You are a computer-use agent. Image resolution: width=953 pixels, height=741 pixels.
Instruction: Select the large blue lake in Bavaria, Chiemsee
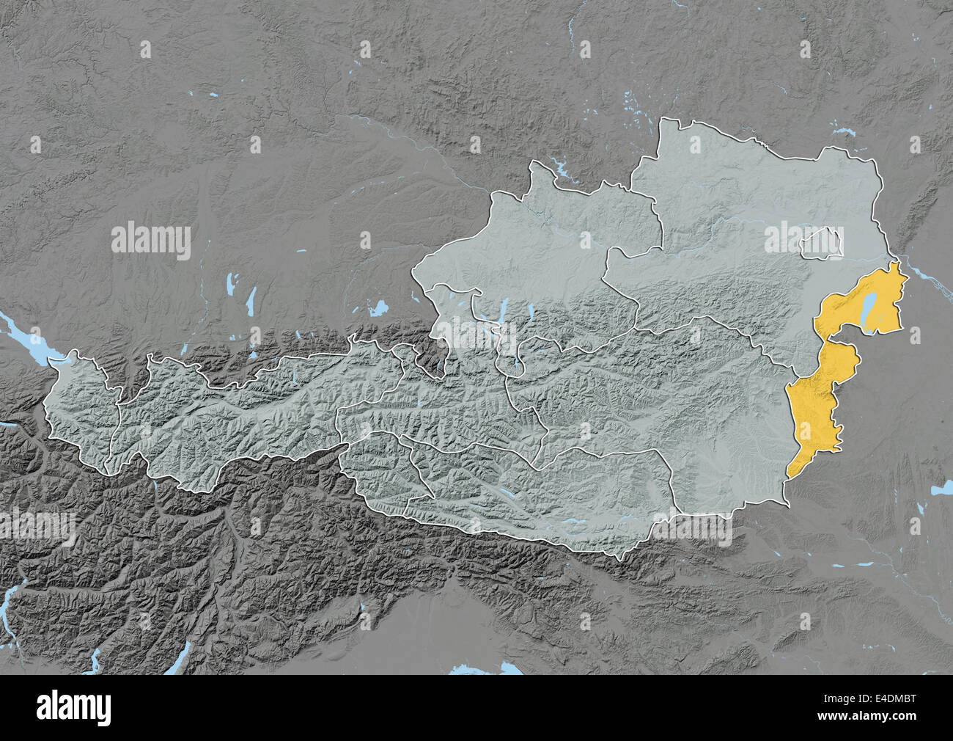pos(378,309)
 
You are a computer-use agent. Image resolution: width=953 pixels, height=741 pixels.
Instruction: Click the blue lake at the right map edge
pos(940,489)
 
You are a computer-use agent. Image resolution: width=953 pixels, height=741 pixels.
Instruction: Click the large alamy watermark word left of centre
pos(151,241)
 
